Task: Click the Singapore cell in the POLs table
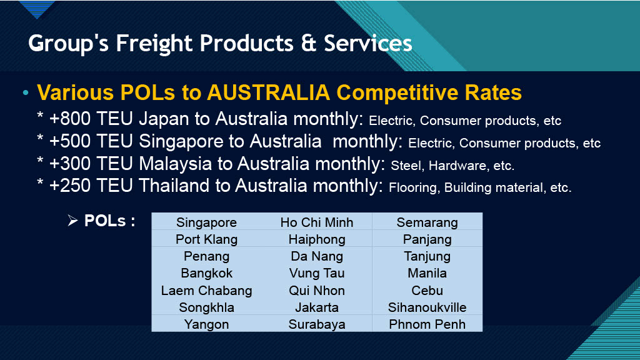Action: pyautogui.click(x=206, y=222)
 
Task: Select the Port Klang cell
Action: pyautogui.click(x=206, y=239)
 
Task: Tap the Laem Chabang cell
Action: pyautogui.click(x=206, y=290)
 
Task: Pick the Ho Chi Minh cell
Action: pyautogui.click(x=317, y=222)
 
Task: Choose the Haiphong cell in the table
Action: pyautogui.click(x=317, y=239)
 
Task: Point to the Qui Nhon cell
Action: pyautogui.click(x=317, y=290)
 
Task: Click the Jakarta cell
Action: pyautogui.click(x=317, y=307)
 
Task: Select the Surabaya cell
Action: pyautogui.click(x=317, y=324)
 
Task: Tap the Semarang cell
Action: pyautogui.click(x=427, y=222)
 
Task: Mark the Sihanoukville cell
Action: pyautogui.click(x=427, y=307)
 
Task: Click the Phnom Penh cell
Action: pyautogui.click(x=427, y=324)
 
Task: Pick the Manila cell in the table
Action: pyautogui.click(x=427, y=273)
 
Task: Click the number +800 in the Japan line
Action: pyautogui.click(x=70, y=119)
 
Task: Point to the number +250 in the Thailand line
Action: pyautogui.click(x=70, y=186)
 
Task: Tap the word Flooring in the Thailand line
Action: pyautogui.click(x=414, y=187)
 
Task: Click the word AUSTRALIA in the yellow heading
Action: pyautogui.click(x=269, y=92)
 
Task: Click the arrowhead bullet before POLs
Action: pyautogui.click(x=72, y=221)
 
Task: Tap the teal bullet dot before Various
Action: pyautogui.click(x=26, y=93)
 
